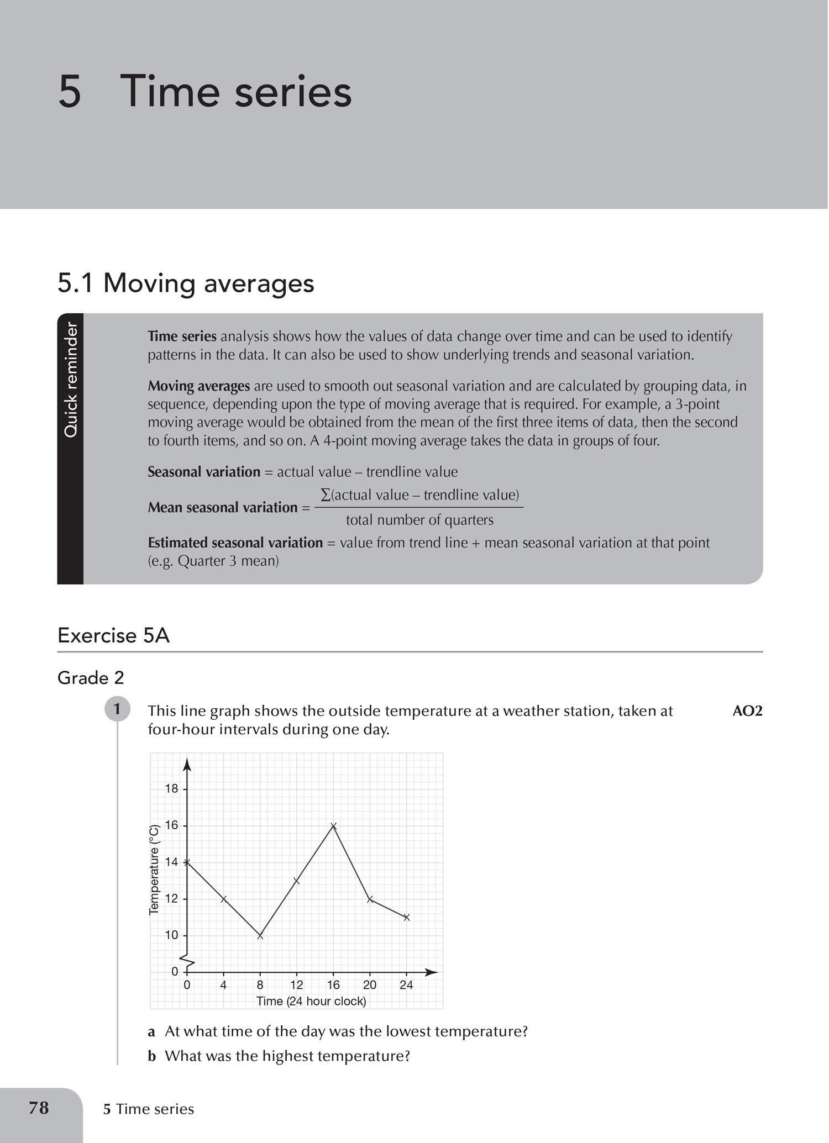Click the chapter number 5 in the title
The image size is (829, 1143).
[70, 91]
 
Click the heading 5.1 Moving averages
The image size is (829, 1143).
[186, 283]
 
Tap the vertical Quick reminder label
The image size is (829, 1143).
[71, 380]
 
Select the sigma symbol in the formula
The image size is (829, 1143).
[326, 494]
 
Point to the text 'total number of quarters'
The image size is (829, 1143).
[419, 520]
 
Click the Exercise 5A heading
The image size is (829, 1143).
[113, 635]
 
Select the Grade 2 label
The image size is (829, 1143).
[91, 678]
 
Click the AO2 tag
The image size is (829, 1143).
[747, 711]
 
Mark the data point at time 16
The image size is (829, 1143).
[333, 826]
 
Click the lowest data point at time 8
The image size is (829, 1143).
[260, 936]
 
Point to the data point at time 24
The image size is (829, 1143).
[407, 918]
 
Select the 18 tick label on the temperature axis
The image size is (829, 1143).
[172, 789]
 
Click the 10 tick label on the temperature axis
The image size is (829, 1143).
[172, 935]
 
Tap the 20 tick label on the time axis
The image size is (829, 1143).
[370, 985]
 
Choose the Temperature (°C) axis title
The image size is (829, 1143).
[155, 870]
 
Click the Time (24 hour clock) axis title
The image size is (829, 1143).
[311, 1001]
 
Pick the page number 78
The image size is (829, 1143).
[39, 1108]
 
